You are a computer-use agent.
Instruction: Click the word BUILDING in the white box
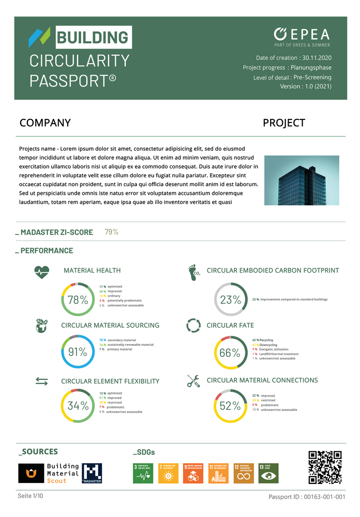pyautogui.click(x=93, y=37)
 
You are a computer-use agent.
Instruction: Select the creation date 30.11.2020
pyautogui.click(x=317, y=58)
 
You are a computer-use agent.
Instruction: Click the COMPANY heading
pyautogui.click(x=45, y=123)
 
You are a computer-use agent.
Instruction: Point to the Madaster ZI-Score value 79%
pyautogui.click(x=111, y=232)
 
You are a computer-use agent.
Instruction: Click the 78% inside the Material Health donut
pyautogui.click(x=78, y=300)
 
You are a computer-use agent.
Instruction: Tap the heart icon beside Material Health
pyautogui.click(x=42, y=271)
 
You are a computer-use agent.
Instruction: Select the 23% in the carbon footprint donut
pyautogui.click(x=230, y=300)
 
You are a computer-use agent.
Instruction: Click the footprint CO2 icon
pyautogui.click(x=194, y=272)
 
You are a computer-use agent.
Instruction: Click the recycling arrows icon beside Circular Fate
pyautogui.click(x=193, y=326)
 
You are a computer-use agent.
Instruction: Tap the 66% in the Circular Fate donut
pyautogui.click(x=230, y=353)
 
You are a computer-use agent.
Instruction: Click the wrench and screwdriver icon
pyautogui.click(x=193, y=381)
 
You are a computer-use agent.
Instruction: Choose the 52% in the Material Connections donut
pyautogui.click(x=230, y=406)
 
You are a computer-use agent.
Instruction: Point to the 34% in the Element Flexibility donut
pyautogui.click(x=78, y=406)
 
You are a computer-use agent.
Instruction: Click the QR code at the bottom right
pyautogui.click(x=325, y=467)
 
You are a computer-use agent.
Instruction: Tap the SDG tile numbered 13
pyautogui.click(x=268, y=473)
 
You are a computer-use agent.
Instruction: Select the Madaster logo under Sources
pyautogui.click(x=92, y=473)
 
